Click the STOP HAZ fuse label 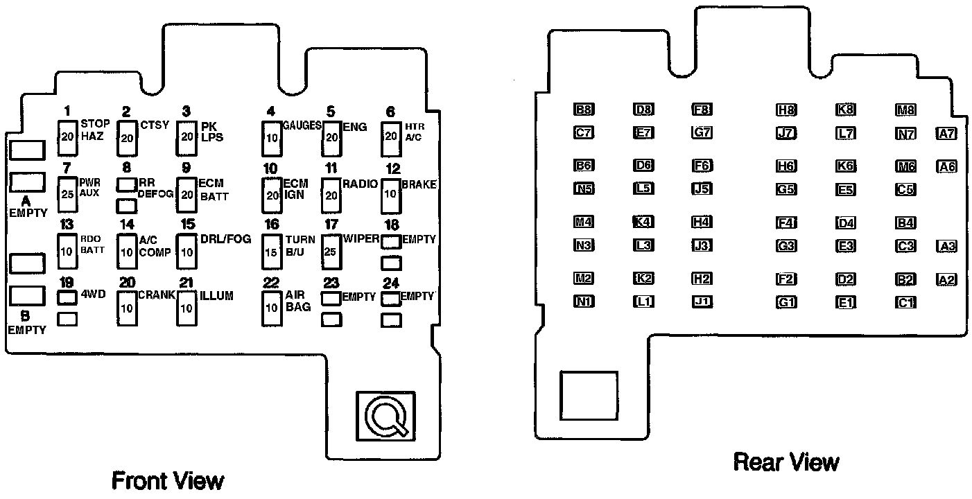coord(95,130)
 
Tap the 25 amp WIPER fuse coord(330,252)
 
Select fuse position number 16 coord(272,224)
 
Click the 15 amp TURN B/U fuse coord(271,252)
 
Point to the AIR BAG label coord(295,301)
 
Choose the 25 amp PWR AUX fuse coord(67,193)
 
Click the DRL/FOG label coord(226,240)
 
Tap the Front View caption coord(168,480)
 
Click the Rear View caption coord(786,462)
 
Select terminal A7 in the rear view coord(946,134)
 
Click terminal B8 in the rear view coord(584,110)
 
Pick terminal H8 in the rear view coord(786,110)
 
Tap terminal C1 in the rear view coord(905,302)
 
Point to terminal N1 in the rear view coord(584,302)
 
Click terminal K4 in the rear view coord(643,222)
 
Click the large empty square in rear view coord(589,394)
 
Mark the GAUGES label coord(301,125)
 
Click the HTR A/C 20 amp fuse coord(391,137)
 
